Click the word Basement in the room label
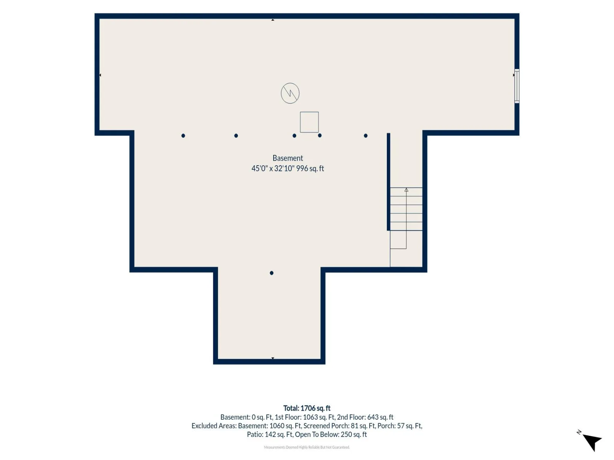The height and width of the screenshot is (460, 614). click(287, 158)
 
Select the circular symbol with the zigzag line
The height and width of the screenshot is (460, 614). click(290, 93)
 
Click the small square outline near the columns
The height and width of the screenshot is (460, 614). click(309, 122)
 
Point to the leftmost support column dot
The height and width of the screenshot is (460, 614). click(183, 136)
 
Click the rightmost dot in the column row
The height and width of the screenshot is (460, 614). click(366, 136)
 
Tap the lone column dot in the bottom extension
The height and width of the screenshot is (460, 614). click(272, 273)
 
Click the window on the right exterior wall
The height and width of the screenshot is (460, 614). click(517, 86)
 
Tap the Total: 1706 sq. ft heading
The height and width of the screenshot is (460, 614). click(307, 408)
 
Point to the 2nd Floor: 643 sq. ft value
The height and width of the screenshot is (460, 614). click(365, 417)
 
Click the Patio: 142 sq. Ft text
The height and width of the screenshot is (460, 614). click(270, 434)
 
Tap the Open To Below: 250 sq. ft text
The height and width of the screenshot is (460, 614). click(331, 434)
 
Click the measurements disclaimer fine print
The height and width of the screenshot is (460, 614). click(307, 447)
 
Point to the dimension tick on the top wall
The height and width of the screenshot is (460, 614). click(273, 20)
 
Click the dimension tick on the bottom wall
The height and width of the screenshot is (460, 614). click(273, 358)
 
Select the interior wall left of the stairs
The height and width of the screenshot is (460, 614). click(388, 182)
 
